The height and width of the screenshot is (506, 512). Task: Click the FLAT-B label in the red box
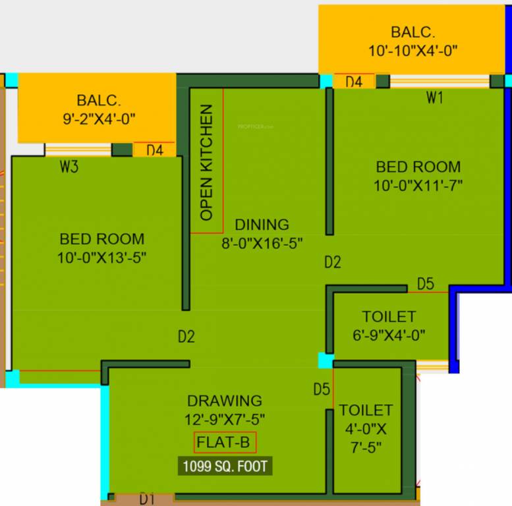(225, 443)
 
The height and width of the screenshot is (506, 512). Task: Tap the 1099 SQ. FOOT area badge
(225, 466)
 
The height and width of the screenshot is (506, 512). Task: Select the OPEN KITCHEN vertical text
(207, 162)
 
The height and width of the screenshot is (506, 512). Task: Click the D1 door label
(146, 499)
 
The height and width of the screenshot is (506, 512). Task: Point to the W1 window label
(434, 98)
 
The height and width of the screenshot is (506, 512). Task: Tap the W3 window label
(69, 167)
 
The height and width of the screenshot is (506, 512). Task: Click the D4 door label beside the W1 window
(354, 82)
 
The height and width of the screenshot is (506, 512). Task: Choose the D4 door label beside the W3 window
(154, 150)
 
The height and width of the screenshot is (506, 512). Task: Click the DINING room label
(262, 225)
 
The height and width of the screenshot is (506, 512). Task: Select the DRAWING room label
(225, 401)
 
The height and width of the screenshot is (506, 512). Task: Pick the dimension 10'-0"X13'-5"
(101, 258)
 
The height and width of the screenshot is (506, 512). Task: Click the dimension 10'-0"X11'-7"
(418, 186)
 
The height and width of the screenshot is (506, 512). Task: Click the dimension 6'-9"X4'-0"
(389, 335)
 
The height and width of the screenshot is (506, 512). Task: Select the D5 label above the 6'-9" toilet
(426, 284)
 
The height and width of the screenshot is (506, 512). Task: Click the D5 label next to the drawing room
(322, 389)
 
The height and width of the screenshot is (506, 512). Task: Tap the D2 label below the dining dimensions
(333, 263)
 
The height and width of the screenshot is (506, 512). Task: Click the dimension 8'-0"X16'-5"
(262, 243)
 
